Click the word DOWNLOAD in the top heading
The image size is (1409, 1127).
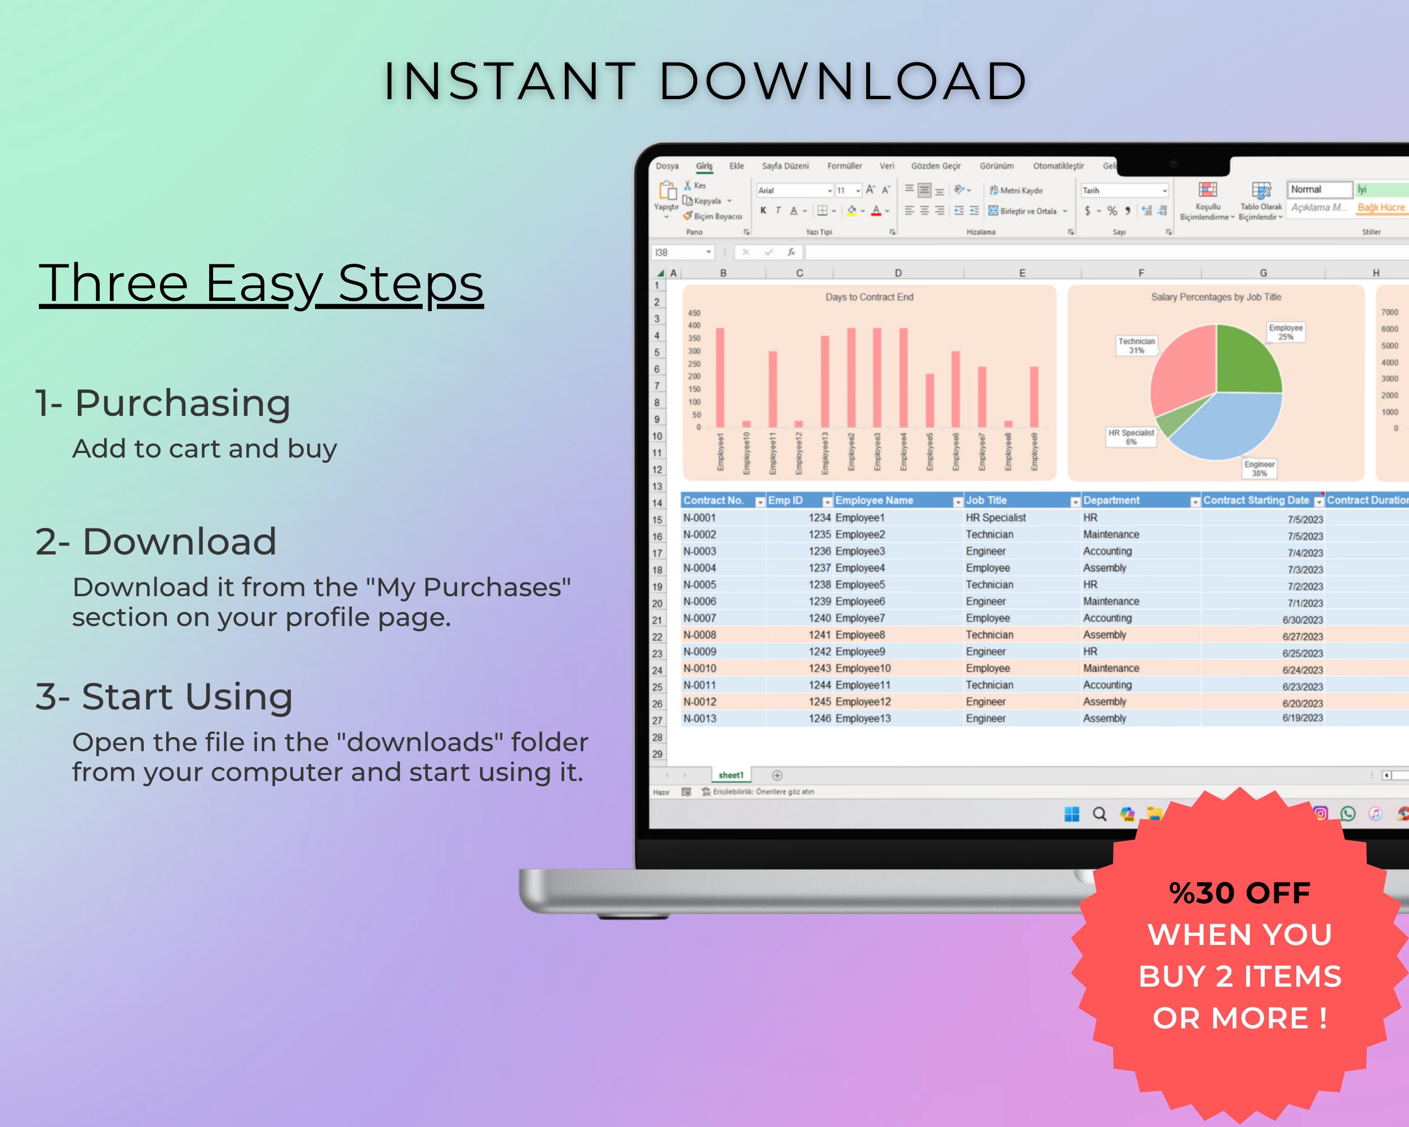click(x=843, y=82)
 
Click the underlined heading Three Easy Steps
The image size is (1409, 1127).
click(x=261, y=283)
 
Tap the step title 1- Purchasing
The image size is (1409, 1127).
click(x=163, y=402)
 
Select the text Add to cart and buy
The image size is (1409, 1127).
click(x=205, y=449)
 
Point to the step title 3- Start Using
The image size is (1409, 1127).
click(x=164, y=696)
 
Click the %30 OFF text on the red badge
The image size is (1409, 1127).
click(x=1239, y=893)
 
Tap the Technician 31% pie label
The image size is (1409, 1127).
click(x=1136, y=345)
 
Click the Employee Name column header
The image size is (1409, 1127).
click(x=874, y=500)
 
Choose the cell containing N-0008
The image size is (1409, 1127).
click(x=699, y=635)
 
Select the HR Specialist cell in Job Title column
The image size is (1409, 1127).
click(x=995, y=518)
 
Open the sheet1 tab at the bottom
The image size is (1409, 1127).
click(x=730, y=775)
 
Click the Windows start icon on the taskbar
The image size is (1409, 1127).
click(x=1071, y=814)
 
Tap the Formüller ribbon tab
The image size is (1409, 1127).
click(x=844, y=166)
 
